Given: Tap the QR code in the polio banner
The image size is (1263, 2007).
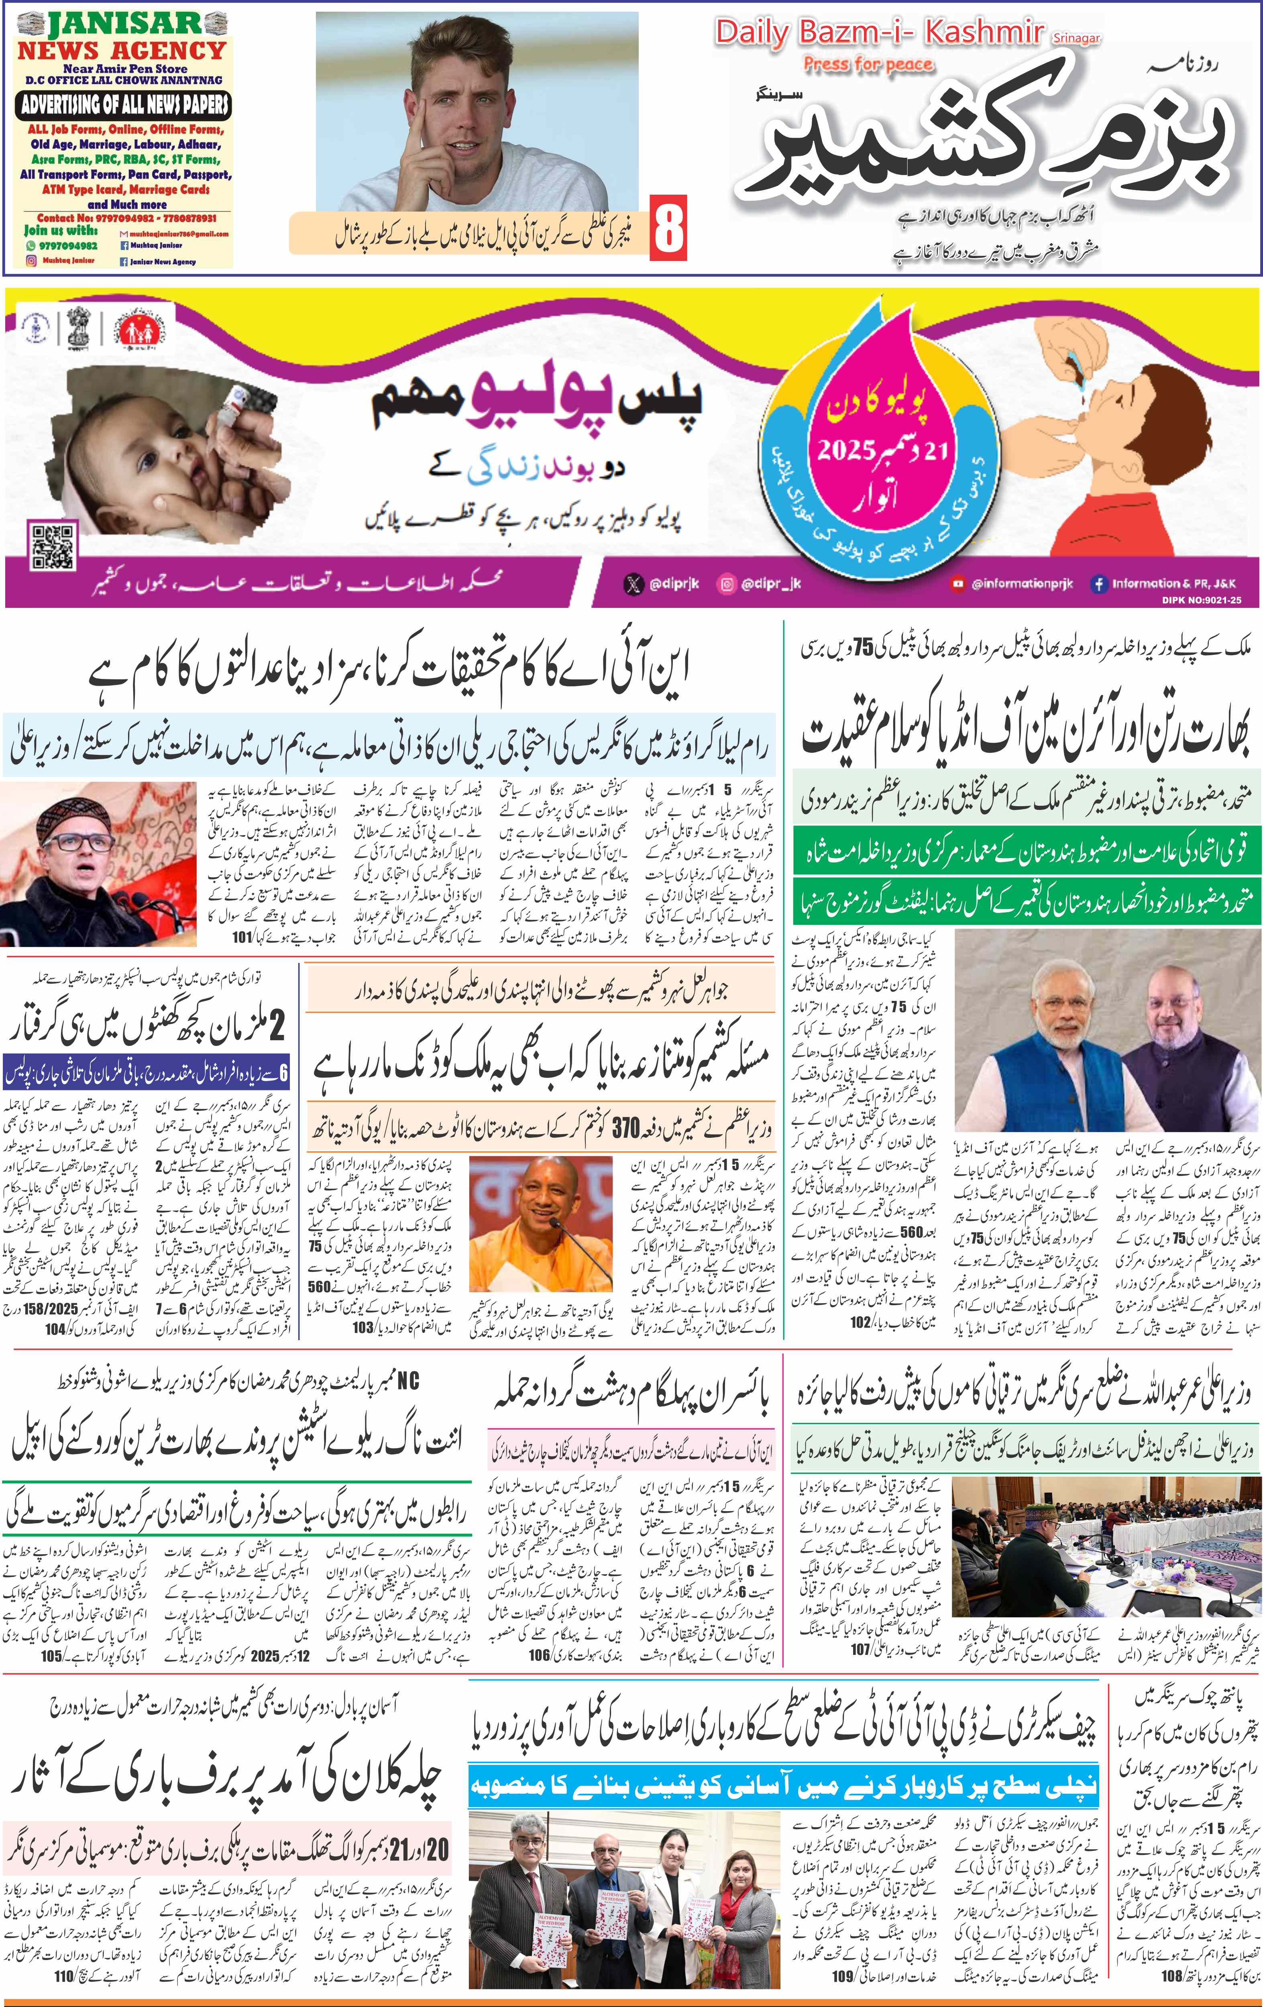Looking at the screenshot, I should pyautogui.click(x=53, y=546).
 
